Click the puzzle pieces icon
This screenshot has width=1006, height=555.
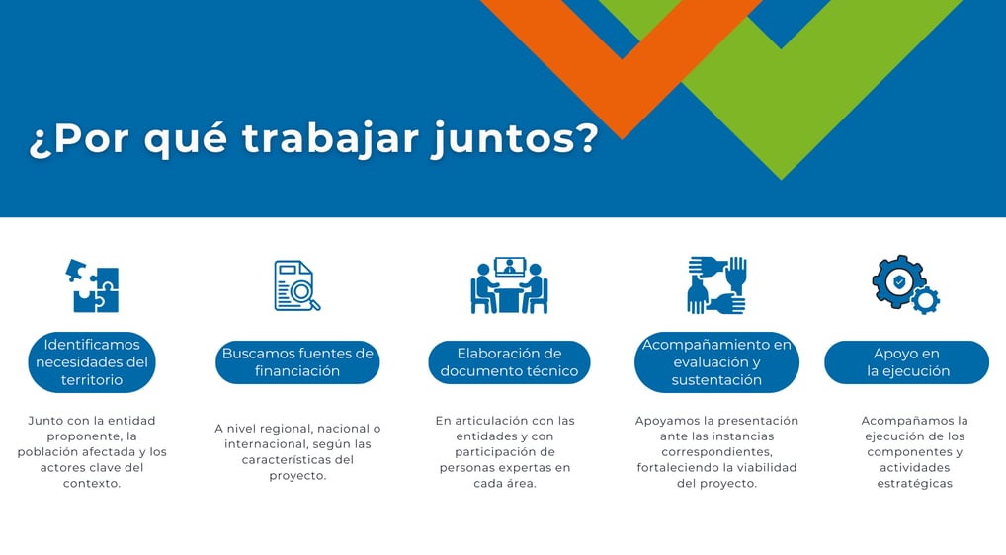coord(92,285)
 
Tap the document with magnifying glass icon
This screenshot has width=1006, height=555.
coord(297,285)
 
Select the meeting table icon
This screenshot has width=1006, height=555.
coord(509,285)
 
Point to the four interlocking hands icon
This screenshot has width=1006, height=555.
coord(716,285)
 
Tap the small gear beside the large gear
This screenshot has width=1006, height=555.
coord(926,300)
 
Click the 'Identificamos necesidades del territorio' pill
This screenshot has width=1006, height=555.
coord(92,362)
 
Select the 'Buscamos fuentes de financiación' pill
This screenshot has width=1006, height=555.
coord(297,362)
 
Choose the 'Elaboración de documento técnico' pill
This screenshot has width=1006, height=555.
coord(509,362)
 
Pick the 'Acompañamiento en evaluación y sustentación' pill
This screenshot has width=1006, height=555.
coord(716,362)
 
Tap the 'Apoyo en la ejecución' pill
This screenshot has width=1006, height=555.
coord(906,362)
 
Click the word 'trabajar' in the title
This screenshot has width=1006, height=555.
coord(330,138)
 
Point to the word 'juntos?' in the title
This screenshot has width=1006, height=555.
coord(515,139)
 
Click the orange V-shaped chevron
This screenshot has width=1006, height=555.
coord(622,96)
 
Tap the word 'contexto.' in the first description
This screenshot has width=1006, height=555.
coord(92,483)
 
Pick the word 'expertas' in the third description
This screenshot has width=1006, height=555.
coord(545,468)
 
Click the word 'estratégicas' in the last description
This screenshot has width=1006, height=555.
coord(914,484)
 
